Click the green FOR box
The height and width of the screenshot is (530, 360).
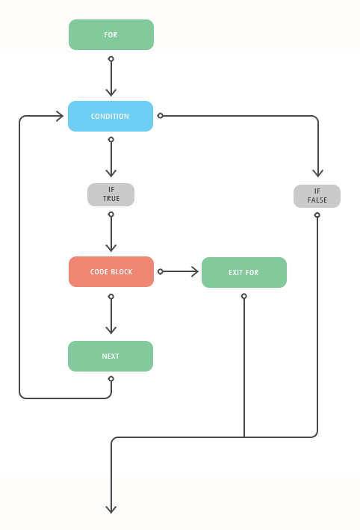(x=111, y=35)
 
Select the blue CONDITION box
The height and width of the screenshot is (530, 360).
(x=111, y=117)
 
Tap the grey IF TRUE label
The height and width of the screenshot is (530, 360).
(x=111, y=194)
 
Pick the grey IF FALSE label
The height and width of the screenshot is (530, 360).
(x=317, y=196)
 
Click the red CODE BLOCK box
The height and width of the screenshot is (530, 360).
(x=111, y=272)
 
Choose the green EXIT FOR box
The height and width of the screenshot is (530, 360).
(x=243, y=273)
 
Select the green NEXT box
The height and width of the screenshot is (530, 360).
(x=111, y=357)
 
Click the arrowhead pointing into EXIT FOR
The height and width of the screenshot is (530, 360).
(x=195, y=272)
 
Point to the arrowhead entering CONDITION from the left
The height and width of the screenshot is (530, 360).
(x=60, y=116)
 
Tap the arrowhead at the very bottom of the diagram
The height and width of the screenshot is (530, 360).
(x=111, y=509)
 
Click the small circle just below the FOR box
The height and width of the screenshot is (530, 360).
(x=111, y=58)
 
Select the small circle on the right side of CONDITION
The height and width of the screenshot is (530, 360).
(x=161, y=116)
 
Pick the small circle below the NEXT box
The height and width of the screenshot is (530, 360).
(x=111, y=379)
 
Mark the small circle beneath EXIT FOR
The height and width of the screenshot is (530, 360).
(x=244, y=296)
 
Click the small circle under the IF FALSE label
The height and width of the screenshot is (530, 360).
(x=317, y=215)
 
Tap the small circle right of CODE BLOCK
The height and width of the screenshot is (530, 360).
(x=161, y=272)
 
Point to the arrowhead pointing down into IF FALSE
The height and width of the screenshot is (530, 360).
(x=317, y=173)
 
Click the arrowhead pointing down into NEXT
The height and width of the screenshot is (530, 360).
(x=111, y=330)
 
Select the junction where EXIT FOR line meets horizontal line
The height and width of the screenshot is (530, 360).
(x=244, y=437)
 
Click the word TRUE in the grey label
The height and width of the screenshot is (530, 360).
(x=111, y=199)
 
